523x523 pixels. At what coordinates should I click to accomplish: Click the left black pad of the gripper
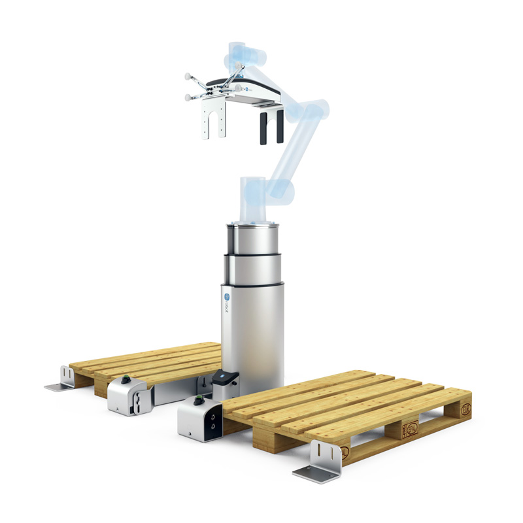262,128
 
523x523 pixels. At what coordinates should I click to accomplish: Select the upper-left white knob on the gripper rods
187,76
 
